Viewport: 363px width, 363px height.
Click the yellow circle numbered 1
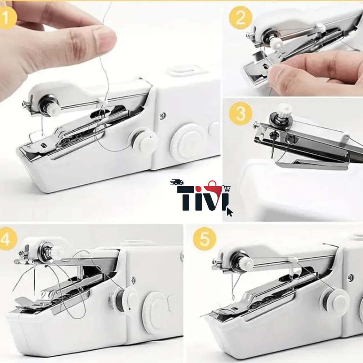[7, 17]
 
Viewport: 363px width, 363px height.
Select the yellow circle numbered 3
[241, 114]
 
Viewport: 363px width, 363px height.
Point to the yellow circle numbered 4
[7, 239]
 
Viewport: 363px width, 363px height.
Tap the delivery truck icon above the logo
[177, 182]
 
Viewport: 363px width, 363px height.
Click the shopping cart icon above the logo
[227, 189]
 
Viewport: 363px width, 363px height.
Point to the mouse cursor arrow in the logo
[230, 212]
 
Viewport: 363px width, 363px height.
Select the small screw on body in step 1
[163, 116]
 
